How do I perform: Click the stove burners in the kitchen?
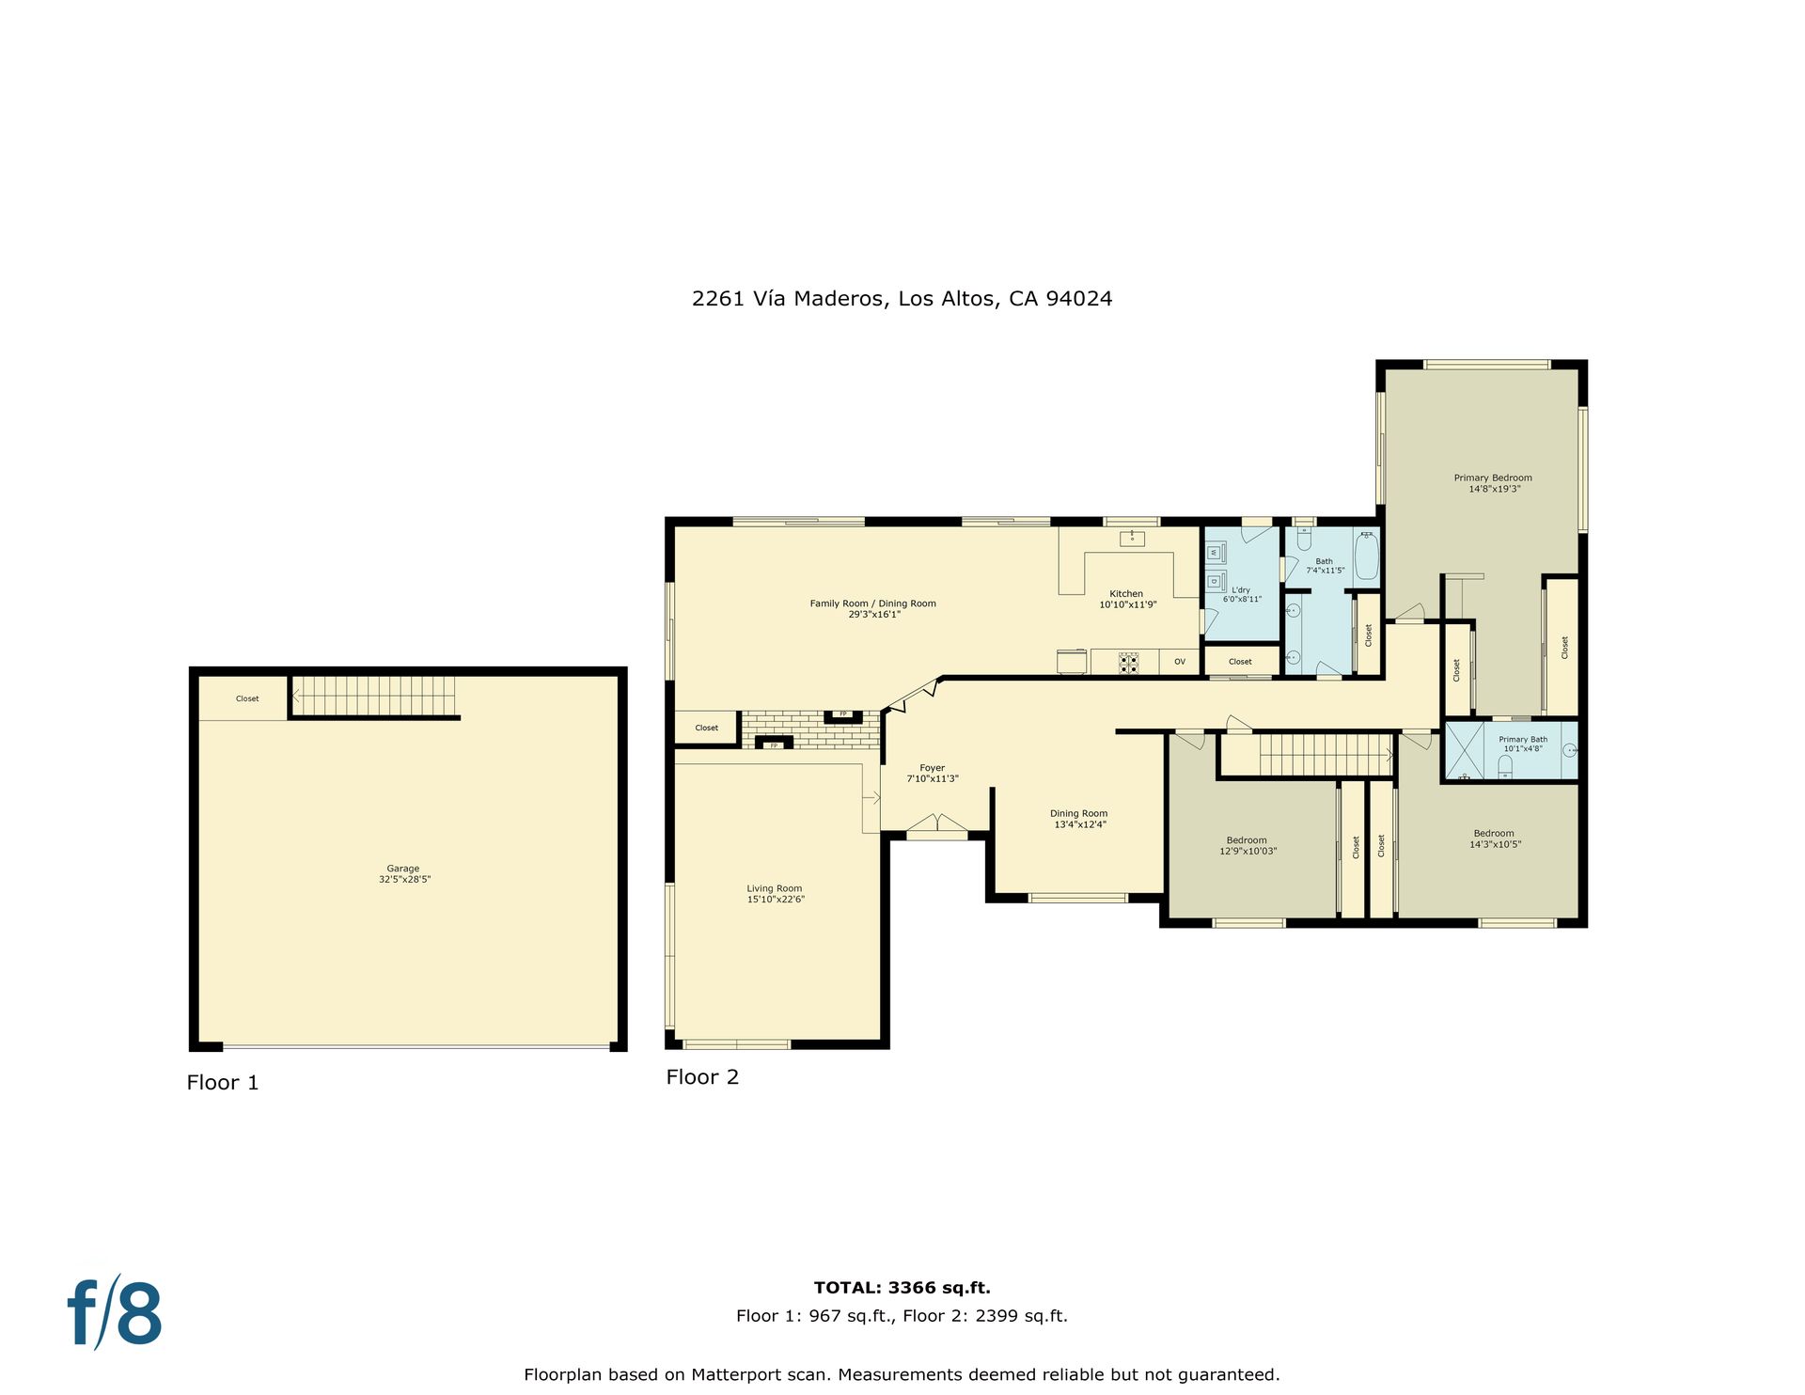pos(1128,663)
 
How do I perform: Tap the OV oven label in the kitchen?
pos(1180,662)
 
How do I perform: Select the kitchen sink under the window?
pos(1132,539)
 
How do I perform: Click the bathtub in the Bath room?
pos(1366,556)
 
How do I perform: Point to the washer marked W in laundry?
pos(1216,553)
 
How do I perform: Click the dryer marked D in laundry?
pos(1216,580)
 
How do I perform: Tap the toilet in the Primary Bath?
pos(1504,765)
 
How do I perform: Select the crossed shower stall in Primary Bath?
pos(1464,750)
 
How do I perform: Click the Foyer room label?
pos(933,768)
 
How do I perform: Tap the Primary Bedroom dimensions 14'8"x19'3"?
pos(1494,489)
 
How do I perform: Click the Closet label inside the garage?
pos(247,698)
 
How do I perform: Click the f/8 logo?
pos(115,1310)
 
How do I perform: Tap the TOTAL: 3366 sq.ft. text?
pos(902,1288)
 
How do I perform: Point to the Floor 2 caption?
pos(702,1077)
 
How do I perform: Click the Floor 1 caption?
pos(223,1083)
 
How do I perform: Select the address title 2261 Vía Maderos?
pos(788,299)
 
